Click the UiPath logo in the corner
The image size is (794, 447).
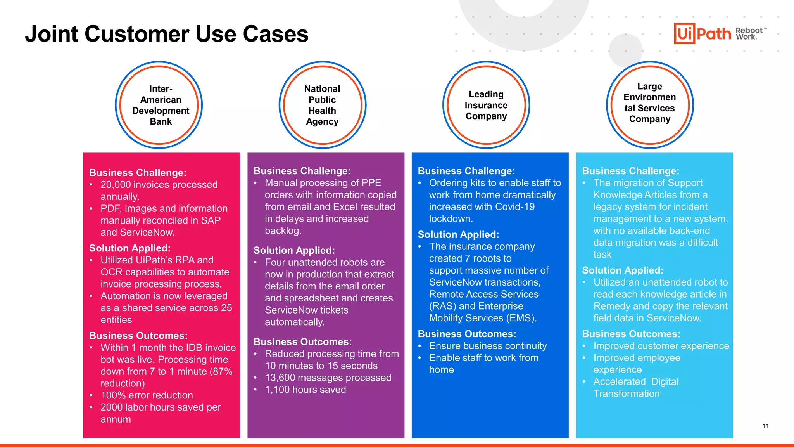pos(703,33)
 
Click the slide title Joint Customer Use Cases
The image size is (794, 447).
pos(167,34)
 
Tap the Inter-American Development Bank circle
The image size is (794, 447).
pos(159,105)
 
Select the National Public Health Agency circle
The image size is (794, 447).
pos(322,105)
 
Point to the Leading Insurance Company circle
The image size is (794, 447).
pos(486,105)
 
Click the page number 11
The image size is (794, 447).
pos(766,426)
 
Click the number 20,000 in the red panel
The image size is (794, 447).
pos(115,185)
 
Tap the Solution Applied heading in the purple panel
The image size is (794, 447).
pos(294,250)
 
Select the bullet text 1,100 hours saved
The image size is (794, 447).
pos(305,390)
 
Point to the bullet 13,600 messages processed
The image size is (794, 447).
pos(328,378)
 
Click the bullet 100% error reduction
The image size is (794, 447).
pos(147,395)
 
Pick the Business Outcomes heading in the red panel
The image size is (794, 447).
pos(138,336)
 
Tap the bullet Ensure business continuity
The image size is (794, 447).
pos(488,346)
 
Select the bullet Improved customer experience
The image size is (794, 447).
pos(661,346)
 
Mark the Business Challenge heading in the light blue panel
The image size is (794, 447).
pos(630,171)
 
